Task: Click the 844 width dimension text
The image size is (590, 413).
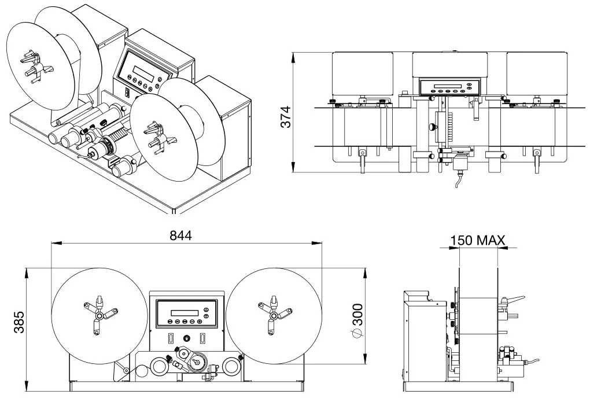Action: pos(180,235)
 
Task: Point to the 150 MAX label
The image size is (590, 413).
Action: pos(478,240)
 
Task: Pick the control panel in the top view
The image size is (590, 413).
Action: pos(449,87)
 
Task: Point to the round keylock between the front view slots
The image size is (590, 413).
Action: pos(187,338)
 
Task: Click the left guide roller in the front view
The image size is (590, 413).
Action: pos(158,365)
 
